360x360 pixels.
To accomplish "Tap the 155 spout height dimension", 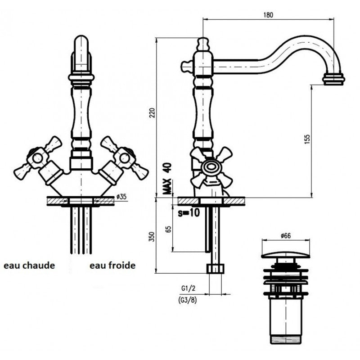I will pos(307,141).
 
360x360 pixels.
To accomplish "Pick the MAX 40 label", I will pos(168,179).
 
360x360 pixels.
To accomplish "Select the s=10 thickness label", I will pos(188,213).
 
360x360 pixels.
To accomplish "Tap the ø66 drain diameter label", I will pos(286,236).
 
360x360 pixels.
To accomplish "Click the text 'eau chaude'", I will pos(29,265).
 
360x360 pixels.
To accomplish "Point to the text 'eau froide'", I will pos(112,265).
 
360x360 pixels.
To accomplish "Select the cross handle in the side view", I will pos(211,168).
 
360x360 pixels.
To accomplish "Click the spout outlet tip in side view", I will pos(333,80).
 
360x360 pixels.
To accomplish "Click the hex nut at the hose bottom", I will pos(216,269).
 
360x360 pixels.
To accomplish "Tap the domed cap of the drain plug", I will pos(286,255).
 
